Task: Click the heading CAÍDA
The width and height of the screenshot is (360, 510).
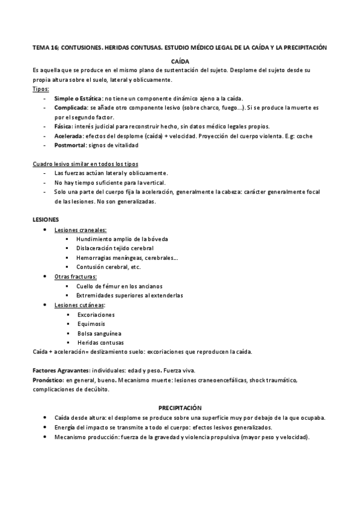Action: click(180, 61)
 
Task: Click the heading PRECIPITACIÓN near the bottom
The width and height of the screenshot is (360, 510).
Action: click(180, 407)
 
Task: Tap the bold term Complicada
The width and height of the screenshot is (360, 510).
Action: click(71, 106)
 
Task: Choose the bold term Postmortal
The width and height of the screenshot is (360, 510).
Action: click(70, 145)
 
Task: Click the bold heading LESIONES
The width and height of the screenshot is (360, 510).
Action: click(46, 220)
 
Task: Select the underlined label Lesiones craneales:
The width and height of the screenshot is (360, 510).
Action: click(81, 230)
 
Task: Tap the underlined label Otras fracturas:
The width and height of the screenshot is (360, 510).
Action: click(76, 277)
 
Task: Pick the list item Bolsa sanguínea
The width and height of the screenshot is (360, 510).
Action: click(99, 333)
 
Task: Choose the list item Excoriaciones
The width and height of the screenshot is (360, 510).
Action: click(96, 315)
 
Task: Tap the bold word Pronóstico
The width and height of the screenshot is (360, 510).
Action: click(47, 380)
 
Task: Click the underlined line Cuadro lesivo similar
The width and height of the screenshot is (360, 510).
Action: click(87, 164)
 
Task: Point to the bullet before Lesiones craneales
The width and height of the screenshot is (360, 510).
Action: click(46, 230)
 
